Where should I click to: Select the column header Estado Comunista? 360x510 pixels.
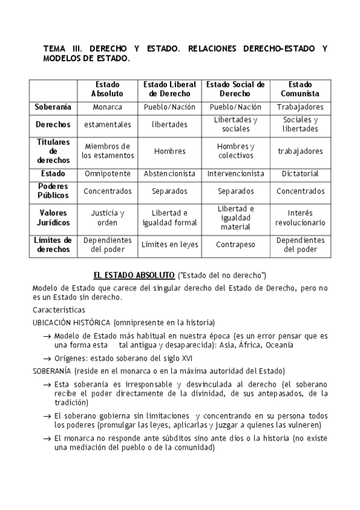pyautogui.click(x=300, y=90)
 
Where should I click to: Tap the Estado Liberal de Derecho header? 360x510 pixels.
pyautogui.click(x=169, y=90)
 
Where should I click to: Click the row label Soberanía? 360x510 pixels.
pyautogui.click(x=53, y=107)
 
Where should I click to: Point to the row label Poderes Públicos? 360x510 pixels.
pyautogui.click(x=53, y=191)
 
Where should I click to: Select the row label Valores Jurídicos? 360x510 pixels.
pyautogui.click(x=53, y=218)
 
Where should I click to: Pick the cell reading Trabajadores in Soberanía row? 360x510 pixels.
pyautogui.click(x=300, y=107)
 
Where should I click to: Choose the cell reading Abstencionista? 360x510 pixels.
pyautogui.click(x=169, y=174)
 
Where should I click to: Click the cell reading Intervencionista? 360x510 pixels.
pyautogui.click(x=236, y=174)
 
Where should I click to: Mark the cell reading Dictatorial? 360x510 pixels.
pyautogui.click(x=300, y=174)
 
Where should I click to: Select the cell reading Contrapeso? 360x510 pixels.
pyautogui.click(x=236, y=245)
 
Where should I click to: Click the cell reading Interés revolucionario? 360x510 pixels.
pyautogui.click(x=300, y=218)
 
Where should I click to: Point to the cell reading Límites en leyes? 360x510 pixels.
pyautogui.click(x=169, y=245)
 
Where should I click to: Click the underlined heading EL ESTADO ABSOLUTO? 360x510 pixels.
pyautogui.click(x=133, y=275)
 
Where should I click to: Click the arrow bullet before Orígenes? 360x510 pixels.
pyautogui.click(x=46, y=358)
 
